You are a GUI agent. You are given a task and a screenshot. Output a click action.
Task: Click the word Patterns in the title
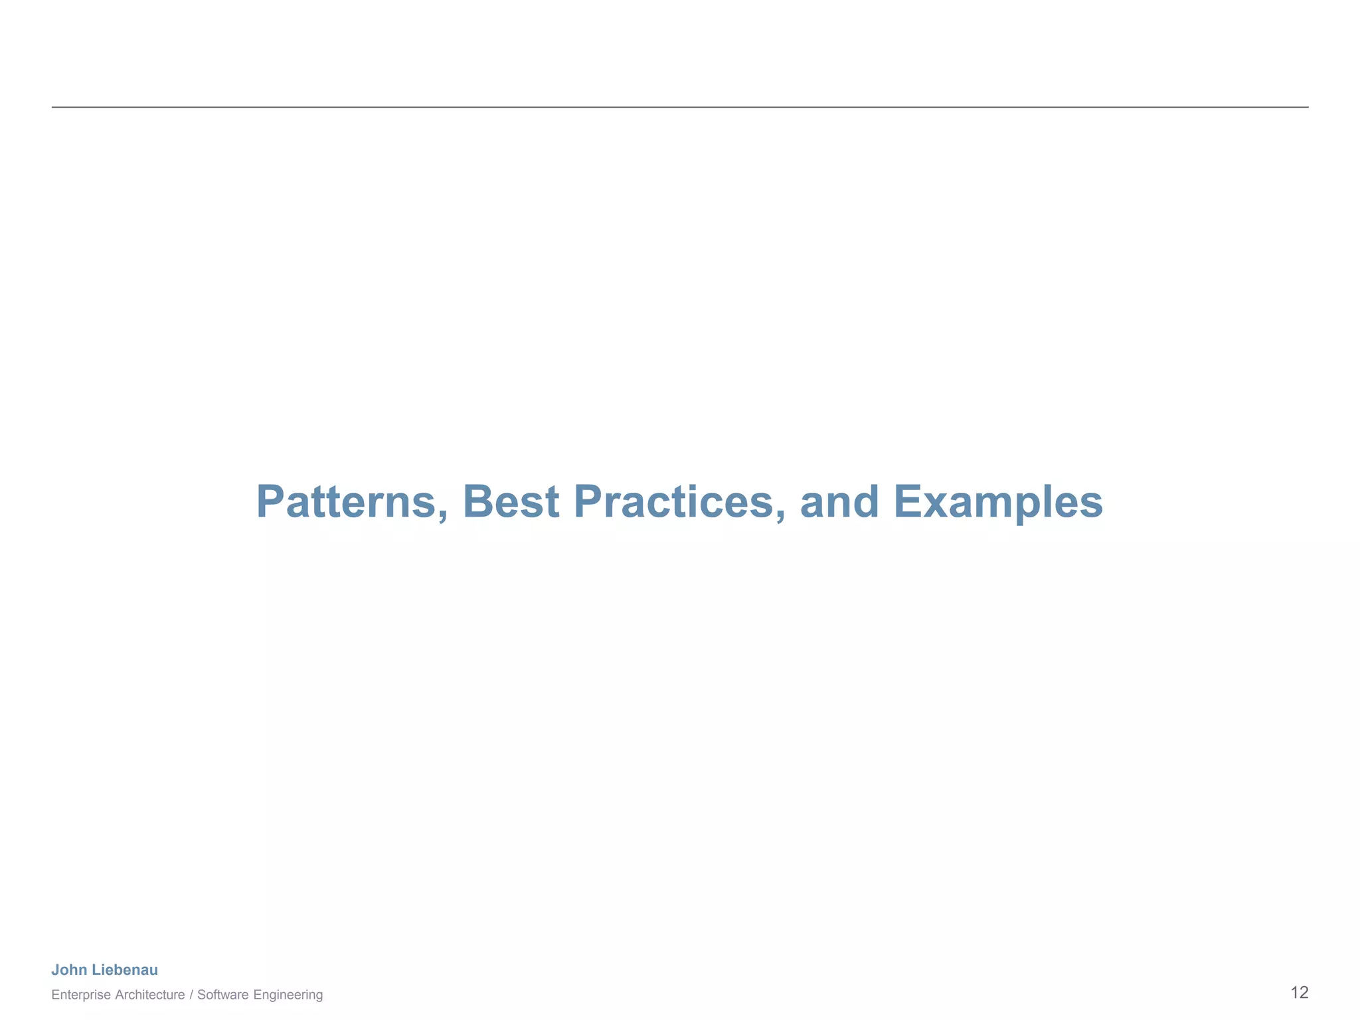345,502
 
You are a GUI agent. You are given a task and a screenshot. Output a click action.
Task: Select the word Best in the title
511,502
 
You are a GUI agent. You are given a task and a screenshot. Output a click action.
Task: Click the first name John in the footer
69,970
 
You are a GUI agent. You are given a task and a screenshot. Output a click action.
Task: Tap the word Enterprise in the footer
81,995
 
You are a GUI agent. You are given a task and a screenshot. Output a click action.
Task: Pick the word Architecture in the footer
150,995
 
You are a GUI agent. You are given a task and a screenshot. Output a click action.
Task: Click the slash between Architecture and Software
191,995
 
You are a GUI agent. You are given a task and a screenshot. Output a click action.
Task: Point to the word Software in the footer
223,995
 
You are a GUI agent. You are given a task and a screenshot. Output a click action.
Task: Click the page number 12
1299,993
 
